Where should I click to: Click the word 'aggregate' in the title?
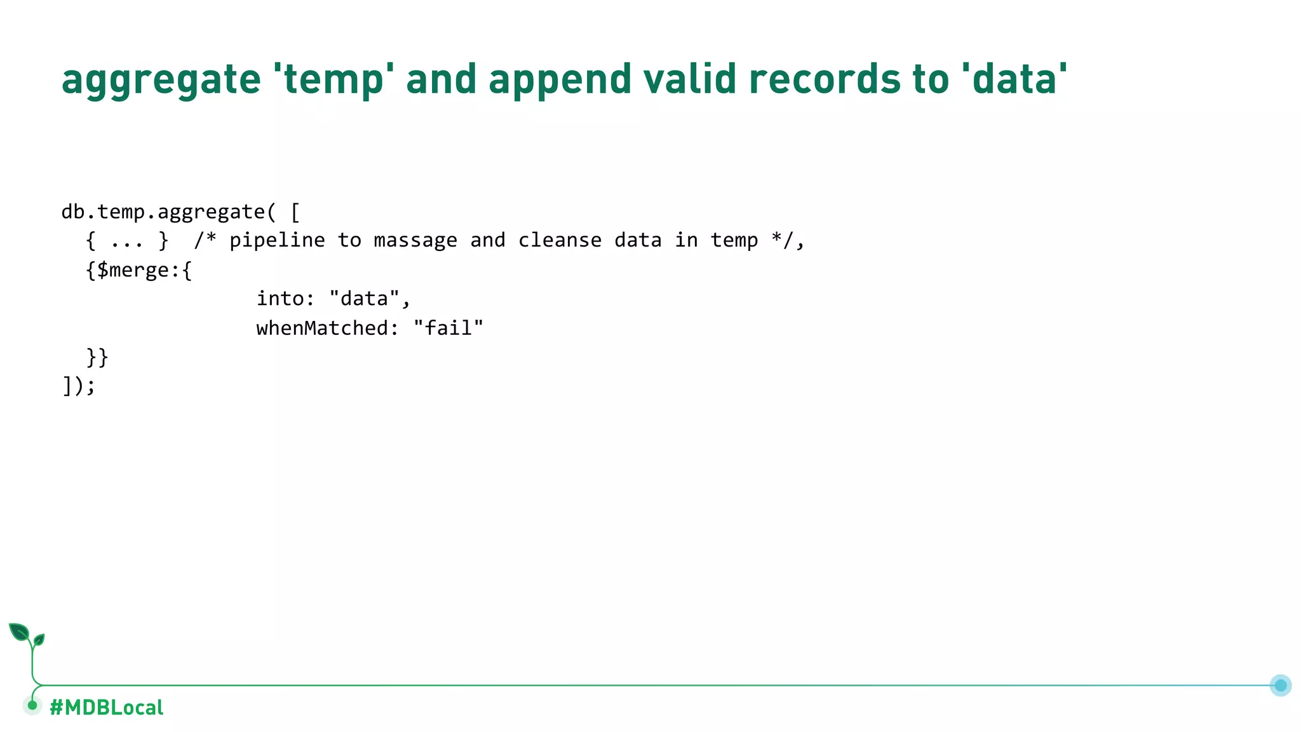tap(161, 80)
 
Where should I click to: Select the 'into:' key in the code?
tap(285, 299)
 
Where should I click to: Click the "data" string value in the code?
tap(365, 299)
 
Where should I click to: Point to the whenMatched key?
tap(327, 328)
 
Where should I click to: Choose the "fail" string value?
tap(448, 328)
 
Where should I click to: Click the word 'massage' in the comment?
tap(415, 240)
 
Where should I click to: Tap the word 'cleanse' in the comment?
tap(560, 240)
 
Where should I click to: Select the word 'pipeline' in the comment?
tap(277, 241)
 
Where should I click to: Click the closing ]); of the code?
tap(79, 386)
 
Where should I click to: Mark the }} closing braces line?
tap(97, 357)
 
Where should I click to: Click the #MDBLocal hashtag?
tap(106, 707)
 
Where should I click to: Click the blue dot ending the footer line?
tap(1280, 685)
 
